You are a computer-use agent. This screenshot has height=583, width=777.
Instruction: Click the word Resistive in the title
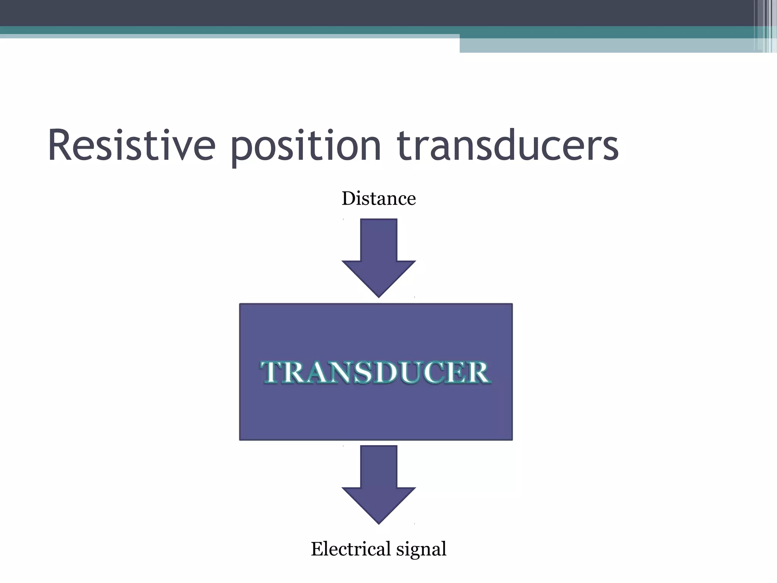tap(131, 146)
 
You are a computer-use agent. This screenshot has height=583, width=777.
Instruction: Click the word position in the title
tap(306, 147)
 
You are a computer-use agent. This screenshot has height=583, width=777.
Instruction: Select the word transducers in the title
tap(508, 146)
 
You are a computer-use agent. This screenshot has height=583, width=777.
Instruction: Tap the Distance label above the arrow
tap(379, 199)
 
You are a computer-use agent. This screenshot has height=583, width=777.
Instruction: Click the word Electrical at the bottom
tap(351, 549)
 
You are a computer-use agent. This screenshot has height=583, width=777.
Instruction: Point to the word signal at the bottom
tap(421, 550)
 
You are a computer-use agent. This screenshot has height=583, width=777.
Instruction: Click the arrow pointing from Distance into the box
tap(379, 254)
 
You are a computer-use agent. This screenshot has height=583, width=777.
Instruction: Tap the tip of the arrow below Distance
tap(379, 295)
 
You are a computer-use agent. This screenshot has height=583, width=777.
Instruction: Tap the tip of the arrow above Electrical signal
tap(379, 522)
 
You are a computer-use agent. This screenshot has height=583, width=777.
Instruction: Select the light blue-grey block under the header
tap(607, 46)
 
